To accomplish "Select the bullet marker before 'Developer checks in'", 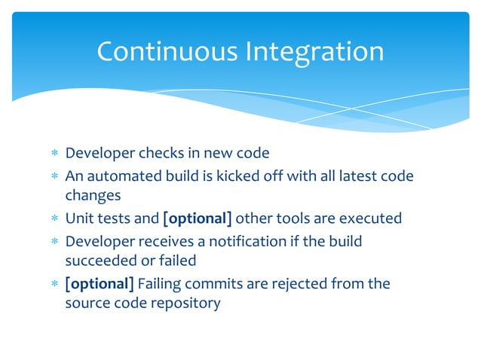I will pos(54,154).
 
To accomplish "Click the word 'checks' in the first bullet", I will pos(160,154).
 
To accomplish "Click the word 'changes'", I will pos(93,197).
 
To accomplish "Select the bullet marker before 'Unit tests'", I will pos(54,220).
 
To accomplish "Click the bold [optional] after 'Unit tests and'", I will pos(197,219).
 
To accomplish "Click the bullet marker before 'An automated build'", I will pos(54,176).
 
